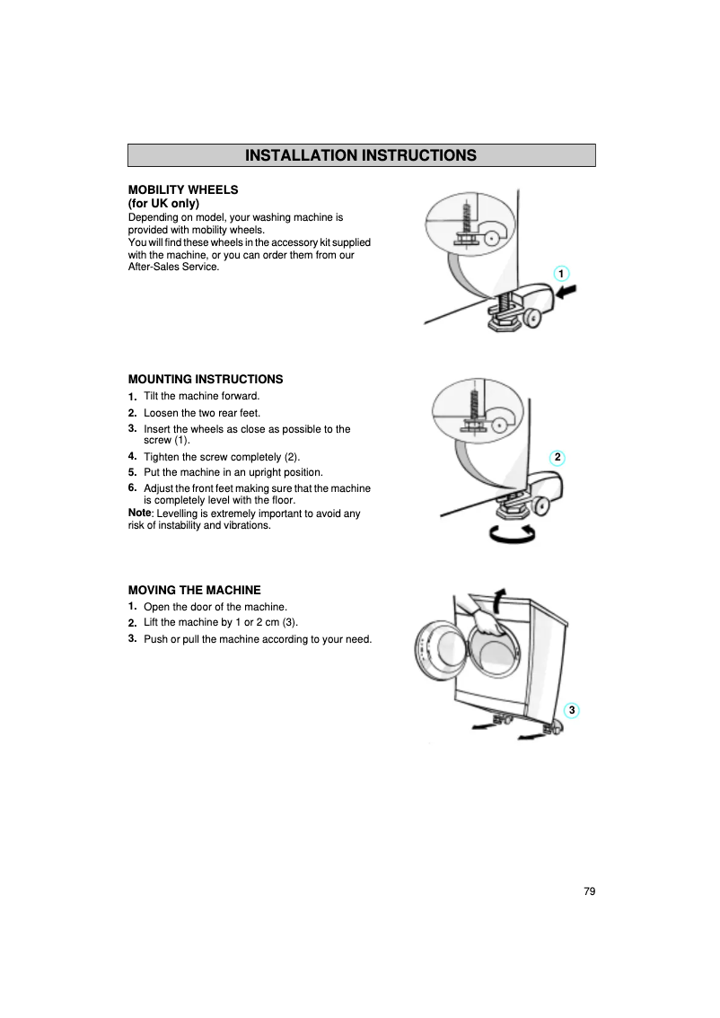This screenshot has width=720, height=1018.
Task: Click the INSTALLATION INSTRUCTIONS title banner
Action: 361,155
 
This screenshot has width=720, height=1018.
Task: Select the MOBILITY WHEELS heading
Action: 183,189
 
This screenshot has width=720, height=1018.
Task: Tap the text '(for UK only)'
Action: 163,204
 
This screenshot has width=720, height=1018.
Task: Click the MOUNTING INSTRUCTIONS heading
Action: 206,379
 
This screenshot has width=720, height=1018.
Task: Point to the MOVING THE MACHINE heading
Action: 195,590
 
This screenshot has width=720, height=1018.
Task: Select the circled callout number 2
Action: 558,458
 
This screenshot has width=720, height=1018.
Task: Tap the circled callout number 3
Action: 572,711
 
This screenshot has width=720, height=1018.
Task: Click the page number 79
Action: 589,891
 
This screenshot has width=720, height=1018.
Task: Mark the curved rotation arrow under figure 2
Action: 512,533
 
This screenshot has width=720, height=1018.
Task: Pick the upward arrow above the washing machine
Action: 500,599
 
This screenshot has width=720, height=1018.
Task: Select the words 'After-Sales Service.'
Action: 174,268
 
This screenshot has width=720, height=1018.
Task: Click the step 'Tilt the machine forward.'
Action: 201,396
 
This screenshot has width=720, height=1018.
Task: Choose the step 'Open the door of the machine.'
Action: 215,607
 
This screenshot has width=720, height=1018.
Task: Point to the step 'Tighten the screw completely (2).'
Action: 222,457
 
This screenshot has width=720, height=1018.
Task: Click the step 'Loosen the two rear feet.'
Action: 202,413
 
